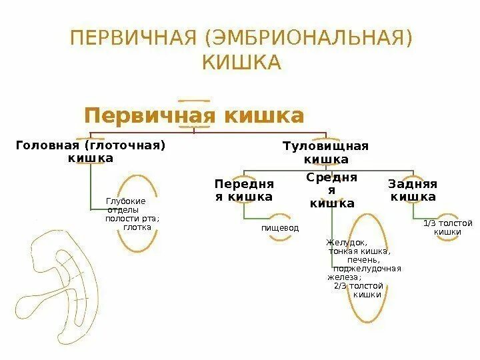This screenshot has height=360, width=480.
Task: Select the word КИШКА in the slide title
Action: pyautogui.click(x=241, y=63)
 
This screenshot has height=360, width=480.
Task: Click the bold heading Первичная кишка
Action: pyautogui.click(x=194, y=115)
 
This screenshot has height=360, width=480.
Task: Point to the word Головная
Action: pyautogui.click(x=46, y=145)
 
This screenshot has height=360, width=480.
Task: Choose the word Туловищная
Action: pyautogui.click(x=325, y=146)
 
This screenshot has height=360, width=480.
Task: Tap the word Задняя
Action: pyautogui.click(x=413, y=183)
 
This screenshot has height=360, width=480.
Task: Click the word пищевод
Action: pyautogui.click(x=280, y=228)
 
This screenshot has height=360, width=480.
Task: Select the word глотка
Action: pyautogui.click(x=137, y=227)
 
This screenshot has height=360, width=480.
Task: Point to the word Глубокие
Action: pyautogui.click(x=126, y=201)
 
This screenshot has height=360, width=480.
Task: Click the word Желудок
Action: pyautogui.click(x=347, y=243)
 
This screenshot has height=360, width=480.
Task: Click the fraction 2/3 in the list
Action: pyautogui.click(x=341, y=285)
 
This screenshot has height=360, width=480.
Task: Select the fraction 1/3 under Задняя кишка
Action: pyautogui.click(x=431, y=223)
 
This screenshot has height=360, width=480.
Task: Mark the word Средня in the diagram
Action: pyautogui.click(x=332, y=177)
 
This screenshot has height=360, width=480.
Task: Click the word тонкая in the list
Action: pyautogui.click(x=343, y=252)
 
